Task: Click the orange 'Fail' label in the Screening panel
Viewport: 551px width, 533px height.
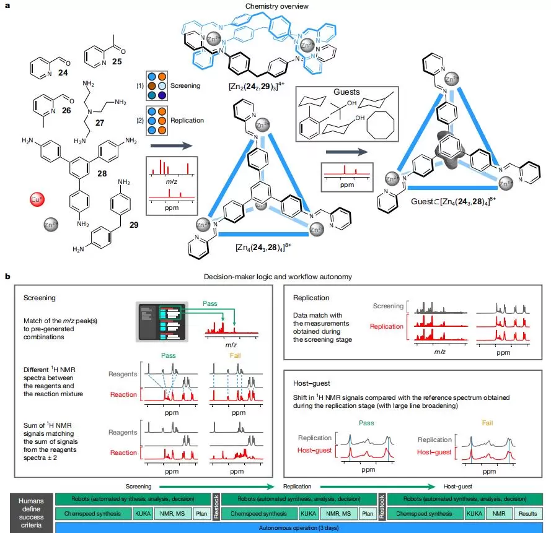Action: pos(235,357)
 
